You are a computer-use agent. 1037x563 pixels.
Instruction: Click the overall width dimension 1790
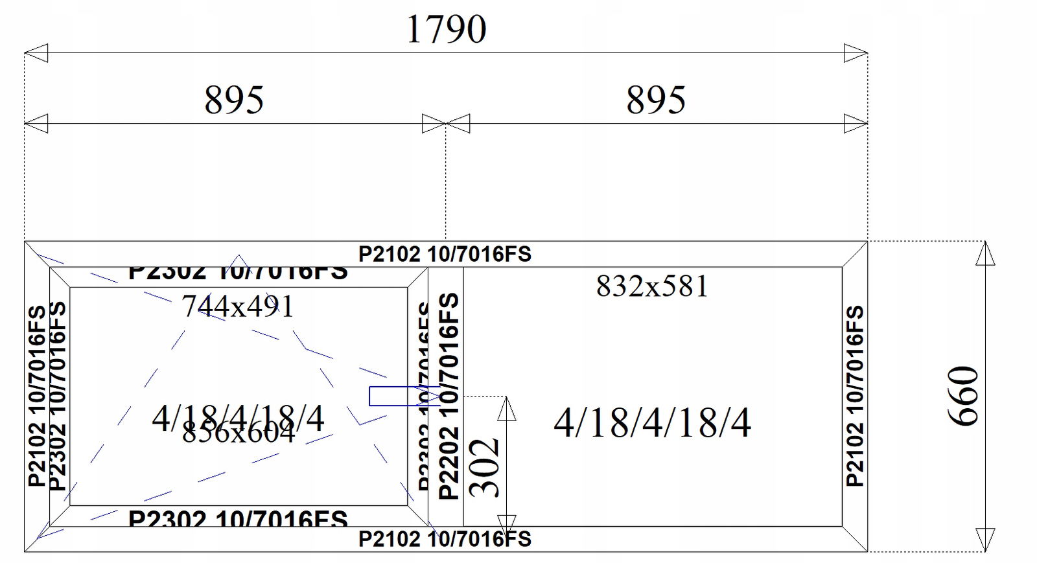tap(446, 30)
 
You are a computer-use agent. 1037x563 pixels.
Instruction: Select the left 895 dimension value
tap(234, 100)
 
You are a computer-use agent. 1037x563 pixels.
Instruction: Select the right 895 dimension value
tap(655, 100)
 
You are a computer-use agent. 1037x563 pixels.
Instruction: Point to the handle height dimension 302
tap(485, 468)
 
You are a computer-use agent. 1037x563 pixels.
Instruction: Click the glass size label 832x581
tap(652, 286)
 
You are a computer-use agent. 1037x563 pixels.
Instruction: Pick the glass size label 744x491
tap(238, 306)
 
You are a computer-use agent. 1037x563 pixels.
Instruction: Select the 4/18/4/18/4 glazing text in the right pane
tap(652, 423)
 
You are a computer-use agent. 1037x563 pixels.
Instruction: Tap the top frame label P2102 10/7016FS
tap(445, 254)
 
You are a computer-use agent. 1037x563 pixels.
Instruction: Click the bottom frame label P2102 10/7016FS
tap(445, 539)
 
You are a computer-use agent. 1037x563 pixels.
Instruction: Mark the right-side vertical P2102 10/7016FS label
tap(855, 396)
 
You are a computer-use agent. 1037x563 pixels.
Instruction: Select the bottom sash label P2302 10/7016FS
tap(238, 518)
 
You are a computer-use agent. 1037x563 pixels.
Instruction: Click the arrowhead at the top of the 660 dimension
tap(985, 253)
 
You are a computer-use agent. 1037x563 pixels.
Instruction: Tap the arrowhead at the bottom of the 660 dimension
tap(985, 540)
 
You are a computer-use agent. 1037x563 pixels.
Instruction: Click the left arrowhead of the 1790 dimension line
tap(36, 53)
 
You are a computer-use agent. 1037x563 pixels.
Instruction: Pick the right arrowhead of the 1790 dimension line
tap(856, 53)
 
